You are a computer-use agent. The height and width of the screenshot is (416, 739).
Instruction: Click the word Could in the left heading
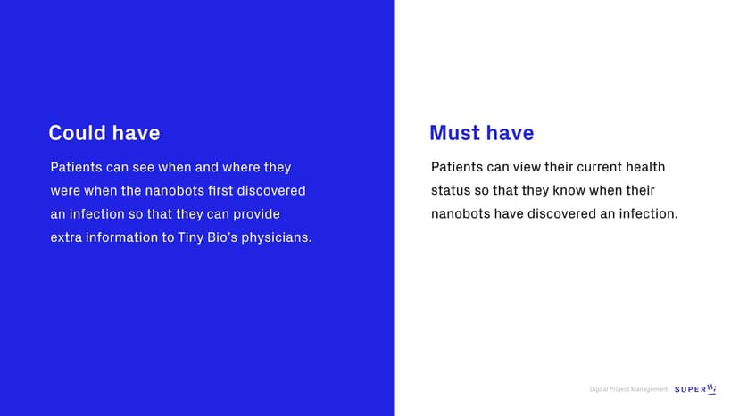click(78, 133)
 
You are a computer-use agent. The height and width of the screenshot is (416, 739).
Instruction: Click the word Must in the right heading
click(455, 133)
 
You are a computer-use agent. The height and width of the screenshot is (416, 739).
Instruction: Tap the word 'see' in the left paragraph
click(143, 168)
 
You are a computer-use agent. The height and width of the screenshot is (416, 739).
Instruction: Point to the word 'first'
click(220, 190)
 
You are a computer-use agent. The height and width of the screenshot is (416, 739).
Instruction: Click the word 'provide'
click(256, 214)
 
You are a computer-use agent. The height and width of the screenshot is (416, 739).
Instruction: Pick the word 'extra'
click(65, 237)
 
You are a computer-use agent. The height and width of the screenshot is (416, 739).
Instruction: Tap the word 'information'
click(121, 237)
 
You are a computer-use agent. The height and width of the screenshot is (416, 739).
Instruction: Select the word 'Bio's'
click(222, 237)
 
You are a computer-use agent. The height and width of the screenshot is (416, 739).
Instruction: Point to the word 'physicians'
click(276, 237)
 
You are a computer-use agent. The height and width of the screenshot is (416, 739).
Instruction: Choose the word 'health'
click(645, 167)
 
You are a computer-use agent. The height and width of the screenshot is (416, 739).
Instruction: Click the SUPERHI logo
click(695, 389)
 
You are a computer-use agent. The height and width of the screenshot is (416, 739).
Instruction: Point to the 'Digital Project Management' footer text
click(628, 389)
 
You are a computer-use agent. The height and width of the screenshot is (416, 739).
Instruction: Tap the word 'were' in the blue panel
click(65, 191)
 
